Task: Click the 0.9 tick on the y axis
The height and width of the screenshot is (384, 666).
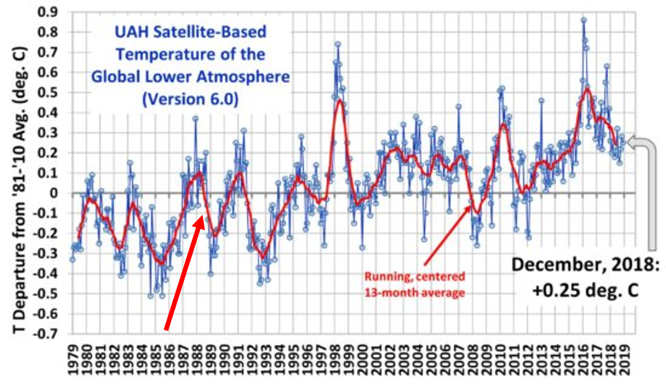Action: (52, 12)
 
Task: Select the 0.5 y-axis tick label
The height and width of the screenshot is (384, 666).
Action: (52, 93)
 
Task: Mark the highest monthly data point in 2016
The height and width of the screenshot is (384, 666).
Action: (584, 20)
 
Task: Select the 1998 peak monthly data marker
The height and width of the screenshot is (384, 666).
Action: (337, 44)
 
